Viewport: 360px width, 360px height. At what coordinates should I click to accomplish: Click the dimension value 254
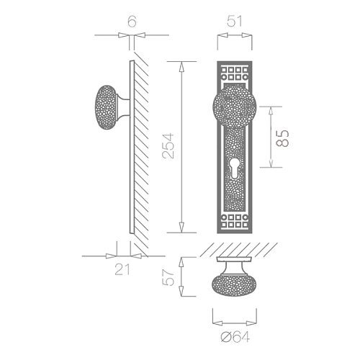coord(168,145)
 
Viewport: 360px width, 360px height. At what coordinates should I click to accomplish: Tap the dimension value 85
coord(282,138)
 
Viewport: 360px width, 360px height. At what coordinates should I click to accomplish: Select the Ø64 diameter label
coord(235,337)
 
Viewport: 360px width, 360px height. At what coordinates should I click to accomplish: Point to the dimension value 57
coord(168,277)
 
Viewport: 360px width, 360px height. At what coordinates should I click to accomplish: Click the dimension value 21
coord(122,269)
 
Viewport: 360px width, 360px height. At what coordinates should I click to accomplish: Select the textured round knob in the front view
coord(235,107)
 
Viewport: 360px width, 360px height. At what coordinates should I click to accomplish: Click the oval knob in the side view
coord(106,107)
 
